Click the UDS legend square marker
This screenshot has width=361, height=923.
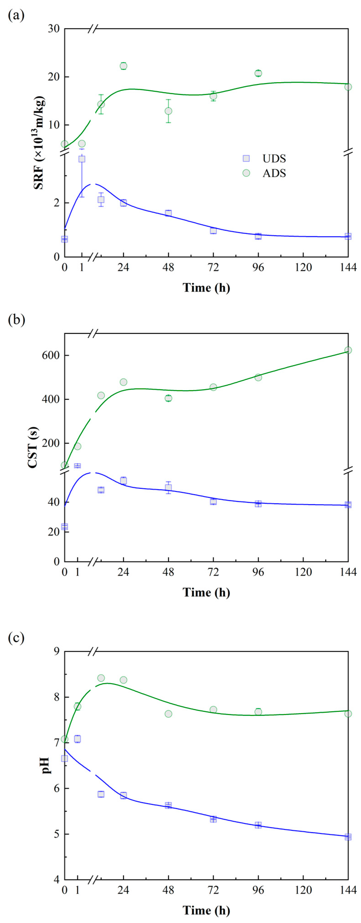click(246, 158)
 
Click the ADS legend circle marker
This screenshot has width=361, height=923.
click(246, 173)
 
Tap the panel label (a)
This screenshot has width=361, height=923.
click(16, 16)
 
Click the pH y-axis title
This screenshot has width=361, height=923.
click(46, 765)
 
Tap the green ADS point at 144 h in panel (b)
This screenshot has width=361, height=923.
click(348, 350)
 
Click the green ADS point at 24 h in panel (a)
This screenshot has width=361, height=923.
click(123, 66)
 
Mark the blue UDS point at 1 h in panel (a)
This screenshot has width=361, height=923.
click(82, 159)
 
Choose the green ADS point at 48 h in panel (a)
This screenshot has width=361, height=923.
click(168, 111)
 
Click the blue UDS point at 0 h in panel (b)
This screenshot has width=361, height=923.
click(65, 527)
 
